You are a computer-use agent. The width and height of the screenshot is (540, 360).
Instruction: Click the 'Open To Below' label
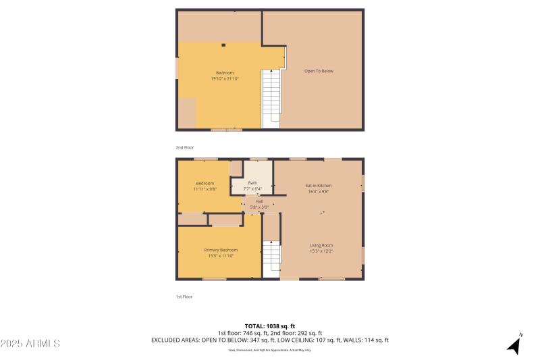pos(319,71)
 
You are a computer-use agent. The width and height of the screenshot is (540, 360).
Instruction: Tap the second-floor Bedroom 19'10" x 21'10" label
pos(225,76)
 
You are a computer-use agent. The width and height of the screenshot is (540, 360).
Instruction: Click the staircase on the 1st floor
pos(271,258)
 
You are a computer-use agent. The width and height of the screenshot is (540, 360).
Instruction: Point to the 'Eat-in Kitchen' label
pos(318,186)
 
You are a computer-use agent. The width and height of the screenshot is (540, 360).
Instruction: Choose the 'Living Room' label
pos(321,245)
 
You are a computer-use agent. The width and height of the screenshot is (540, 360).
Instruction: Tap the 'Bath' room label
pos(252,182)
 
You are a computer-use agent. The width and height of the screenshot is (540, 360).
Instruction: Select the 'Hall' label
pos(259,201)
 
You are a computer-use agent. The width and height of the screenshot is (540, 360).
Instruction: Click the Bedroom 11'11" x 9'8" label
pos(205,184)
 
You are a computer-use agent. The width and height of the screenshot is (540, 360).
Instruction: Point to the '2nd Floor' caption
pos(185,147)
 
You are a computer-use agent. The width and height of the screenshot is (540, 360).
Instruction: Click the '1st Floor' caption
pos(184,297)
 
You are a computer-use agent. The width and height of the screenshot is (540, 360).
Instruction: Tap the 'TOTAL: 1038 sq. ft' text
pos(270,326)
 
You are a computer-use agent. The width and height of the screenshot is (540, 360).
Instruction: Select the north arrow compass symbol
pos(514,345)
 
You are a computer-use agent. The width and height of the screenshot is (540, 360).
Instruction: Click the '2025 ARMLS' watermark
pos(30,344)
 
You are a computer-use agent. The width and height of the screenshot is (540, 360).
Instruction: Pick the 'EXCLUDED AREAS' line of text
pos(270,340)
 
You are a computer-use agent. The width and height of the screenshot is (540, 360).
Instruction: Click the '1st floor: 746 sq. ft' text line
pos(242,333)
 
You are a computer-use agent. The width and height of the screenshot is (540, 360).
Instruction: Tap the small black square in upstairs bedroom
pos(223,46)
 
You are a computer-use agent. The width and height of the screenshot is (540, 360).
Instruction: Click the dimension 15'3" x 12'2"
pos(321,251)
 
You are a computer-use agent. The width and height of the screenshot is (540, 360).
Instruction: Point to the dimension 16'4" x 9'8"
pos(318,192)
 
